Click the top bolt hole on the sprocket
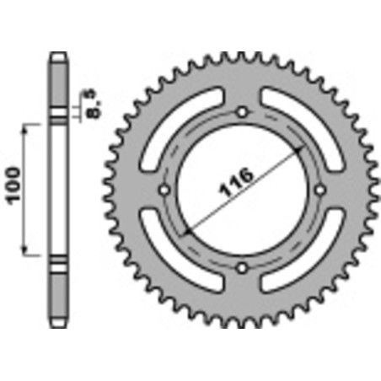tap(242, 112)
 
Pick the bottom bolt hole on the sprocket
tap(242, 268)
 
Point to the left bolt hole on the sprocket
tap(164, 190)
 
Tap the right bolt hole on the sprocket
tap(319, 190)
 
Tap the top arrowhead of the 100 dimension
tap(30, 127)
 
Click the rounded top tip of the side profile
tap(57, 56)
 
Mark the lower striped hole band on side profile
tap(57, 267)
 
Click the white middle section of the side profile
tap(57, 190)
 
